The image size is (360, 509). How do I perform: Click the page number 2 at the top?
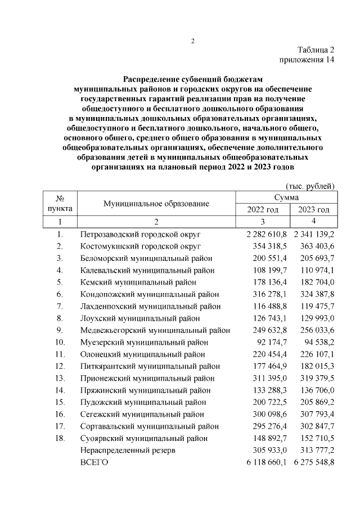click(x=192, y=40)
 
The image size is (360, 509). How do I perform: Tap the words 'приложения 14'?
click(x=307, y=61)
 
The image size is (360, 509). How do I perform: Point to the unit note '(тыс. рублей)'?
click(x=311, y=186)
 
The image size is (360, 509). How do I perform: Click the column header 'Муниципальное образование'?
click(x=156, y=203)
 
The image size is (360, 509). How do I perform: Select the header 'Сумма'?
click(x=286, y=197)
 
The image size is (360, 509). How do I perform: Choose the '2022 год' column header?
click(x=263, y=209)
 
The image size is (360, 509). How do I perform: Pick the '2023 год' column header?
click(x=313, y=209)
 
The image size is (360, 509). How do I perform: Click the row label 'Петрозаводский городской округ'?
click(x=141, y=233)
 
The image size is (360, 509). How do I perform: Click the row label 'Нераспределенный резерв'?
click(x=129, y=451)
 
